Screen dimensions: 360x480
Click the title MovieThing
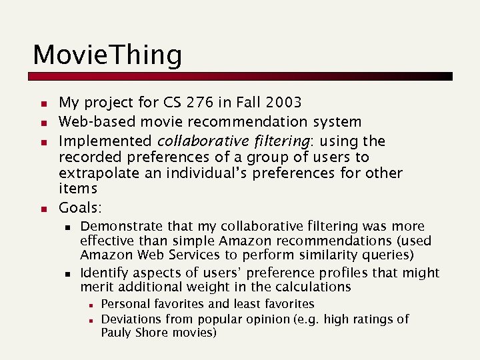(107, 55)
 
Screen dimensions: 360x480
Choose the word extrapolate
(98, 173)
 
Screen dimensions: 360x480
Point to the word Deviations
(132, 319)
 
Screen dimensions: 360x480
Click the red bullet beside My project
(41, 104)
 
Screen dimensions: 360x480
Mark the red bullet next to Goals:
(41, 208)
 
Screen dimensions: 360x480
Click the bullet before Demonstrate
(67, 227)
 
